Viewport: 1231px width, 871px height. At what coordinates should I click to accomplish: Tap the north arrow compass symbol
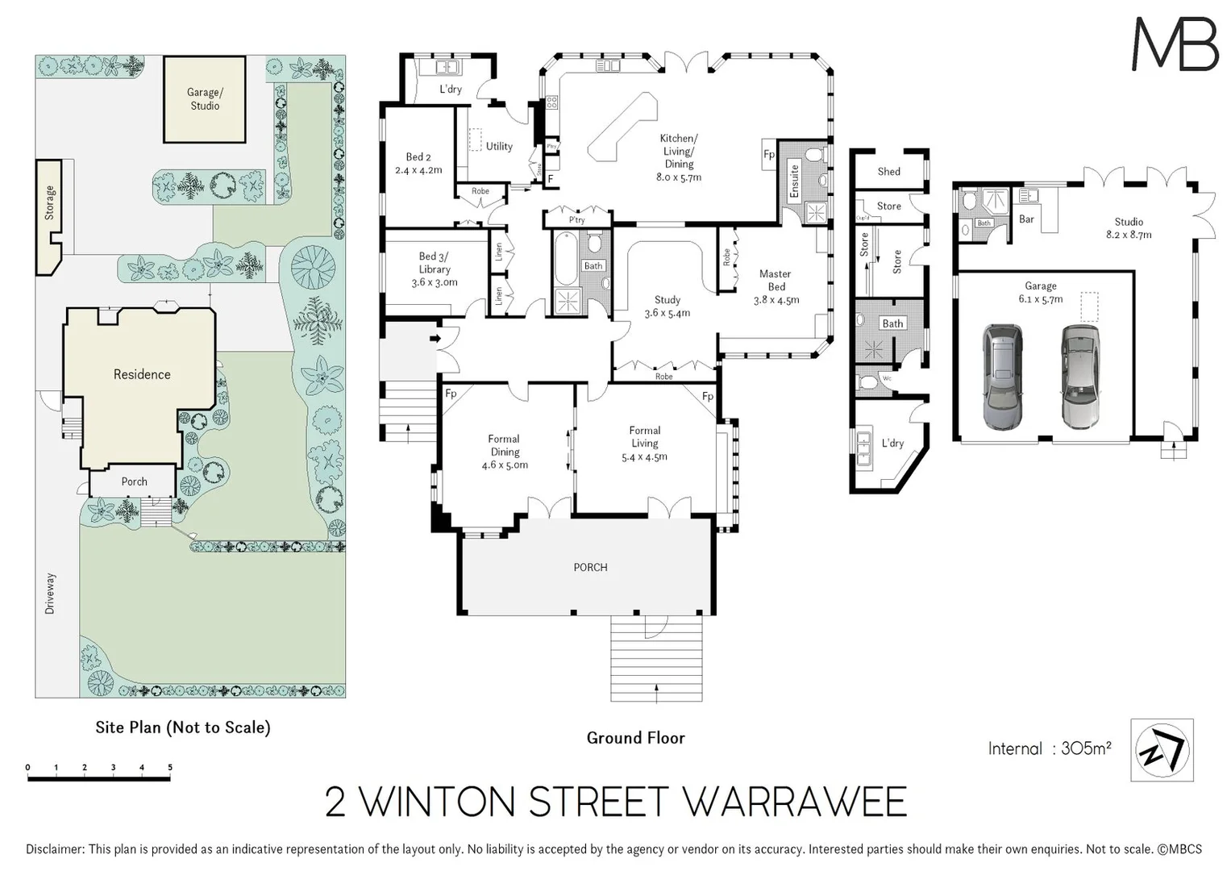1162,750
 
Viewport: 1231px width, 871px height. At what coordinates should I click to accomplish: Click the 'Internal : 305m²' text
1050,748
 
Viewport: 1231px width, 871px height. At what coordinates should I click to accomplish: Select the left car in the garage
1002,376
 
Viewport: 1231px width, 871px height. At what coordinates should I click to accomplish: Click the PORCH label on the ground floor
590,567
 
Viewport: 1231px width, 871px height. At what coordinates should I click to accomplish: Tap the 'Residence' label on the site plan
142,374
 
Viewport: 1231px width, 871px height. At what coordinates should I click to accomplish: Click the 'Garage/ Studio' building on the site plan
205,99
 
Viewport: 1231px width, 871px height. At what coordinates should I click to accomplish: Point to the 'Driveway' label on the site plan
50,594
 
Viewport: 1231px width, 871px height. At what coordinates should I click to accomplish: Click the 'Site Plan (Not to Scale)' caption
183,727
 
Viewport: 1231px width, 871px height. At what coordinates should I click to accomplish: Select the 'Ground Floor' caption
635,738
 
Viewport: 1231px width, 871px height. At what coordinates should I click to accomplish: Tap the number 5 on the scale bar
170,768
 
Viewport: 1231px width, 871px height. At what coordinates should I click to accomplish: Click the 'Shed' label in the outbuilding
888,171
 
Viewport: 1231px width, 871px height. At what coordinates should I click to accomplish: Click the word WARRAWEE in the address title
794,802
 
